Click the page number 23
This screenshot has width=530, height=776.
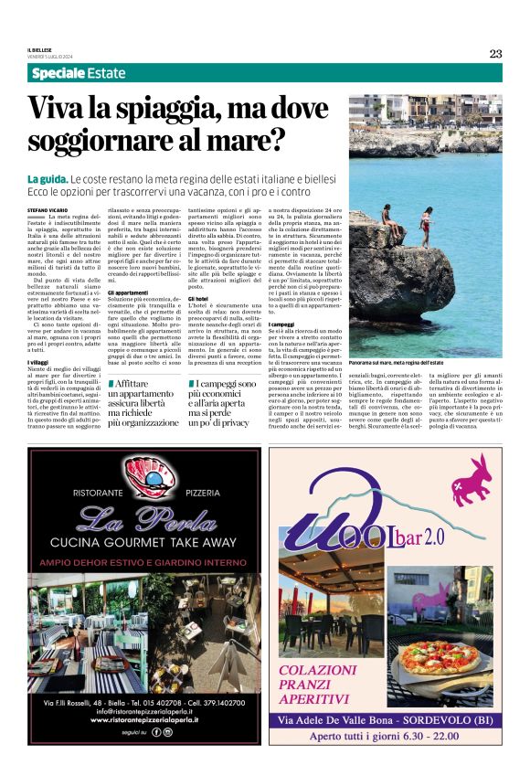pyautogui.click(x=495, y=53)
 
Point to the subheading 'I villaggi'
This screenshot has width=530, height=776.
pyautogui.click(x=39, y=363)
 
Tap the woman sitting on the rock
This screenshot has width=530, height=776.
pyautogui.click(x=388, y=219)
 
